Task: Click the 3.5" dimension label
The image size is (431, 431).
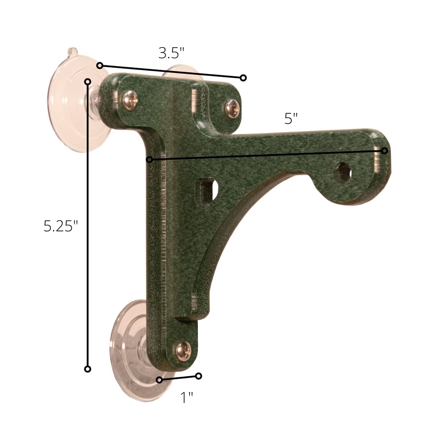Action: [171, 53]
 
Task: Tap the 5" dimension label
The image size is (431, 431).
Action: [291, 119]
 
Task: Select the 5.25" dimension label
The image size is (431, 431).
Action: [61, 226]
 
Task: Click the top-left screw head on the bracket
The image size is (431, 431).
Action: [130, 101]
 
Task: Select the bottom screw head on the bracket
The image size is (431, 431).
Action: [184, 351]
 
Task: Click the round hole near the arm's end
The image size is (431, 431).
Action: [342, 173]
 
